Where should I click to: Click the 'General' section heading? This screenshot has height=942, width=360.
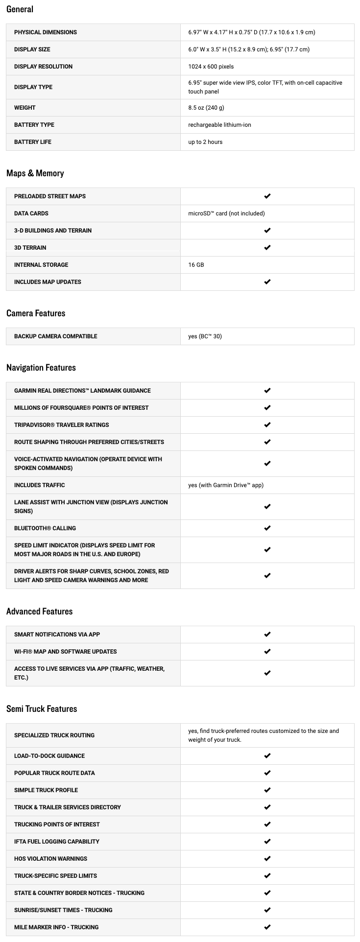[20, 9]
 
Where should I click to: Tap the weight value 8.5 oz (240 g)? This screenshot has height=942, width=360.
[206, 108]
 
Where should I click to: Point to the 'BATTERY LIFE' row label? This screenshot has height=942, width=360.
[33, 142]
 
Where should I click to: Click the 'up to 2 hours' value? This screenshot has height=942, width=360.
[205, 142]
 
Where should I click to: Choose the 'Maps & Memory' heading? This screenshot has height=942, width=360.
[35, 173]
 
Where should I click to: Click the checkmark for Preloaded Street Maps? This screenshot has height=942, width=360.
[267, 196]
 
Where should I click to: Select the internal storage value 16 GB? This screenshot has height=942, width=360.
[196, 265]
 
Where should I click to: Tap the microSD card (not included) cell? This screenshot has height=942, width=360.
[226, 213]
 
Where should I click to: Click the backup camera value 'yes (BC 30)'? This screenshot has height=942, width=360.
[205, 336]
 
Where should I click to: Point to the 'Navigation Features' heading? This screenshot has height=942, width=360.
[41, 368]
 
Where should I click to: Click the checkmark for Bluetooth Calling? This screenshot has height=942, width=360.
[267, 528]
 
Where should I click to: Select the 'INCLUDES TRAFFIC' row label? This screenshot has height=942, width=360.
[40, 485]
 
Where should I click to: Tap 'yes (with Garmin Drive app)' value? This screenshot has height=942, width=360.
[226, 485]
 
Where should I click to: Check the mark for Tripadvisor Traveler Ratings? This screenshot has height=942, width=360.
[267, 425]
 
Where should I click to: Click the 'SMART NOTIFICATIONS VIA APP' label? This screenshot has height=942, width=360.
[57, 635]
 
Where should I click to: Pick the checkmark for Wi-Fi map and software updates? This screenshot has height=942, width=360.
[267, 652]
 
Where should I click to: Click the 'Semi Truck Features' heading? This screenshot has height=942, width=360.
[42, 709]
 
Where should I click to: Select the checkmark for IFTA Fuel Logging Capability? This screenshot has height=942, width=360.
[267, 842]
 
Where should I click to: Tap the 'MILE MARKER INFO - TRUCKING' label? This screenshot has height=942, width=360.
[56, 927]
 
